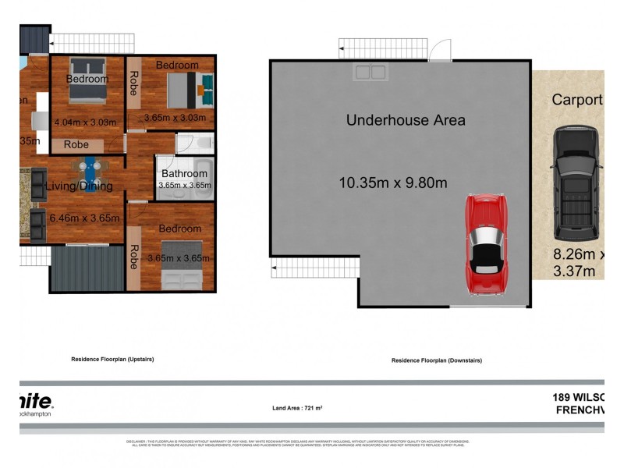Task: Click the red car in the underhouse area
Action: pos(487,244)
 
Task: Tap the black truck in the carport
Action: pos(576,183)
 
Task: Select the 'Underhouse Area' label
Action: pos(406,120)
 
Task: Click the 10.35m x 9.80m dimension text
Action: pos(393,183)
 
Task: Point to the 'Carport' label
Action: pos(577,100)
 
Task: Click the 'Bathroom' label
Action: pos(184,174)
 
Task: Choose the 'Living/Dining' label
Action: pos(79,186)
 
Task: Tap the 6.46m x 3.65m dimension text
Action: pos(84,218)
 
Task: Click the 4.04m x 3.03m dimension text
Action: pos(86,122)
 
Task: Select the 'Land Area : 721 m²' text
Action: pos(298,408)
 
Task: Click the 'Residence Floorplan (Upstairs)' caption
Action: pos(112,360)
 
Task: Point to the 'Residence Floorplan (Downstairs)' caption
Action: pos(437,360)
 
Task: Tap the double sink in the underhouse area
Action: pos(370,73)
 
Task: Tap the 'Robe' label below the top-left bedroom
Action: pos(76,145)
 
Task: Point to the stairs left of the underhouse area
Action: pos(314,269)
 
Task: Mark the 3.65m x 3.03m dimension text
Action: pos(175,119)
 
